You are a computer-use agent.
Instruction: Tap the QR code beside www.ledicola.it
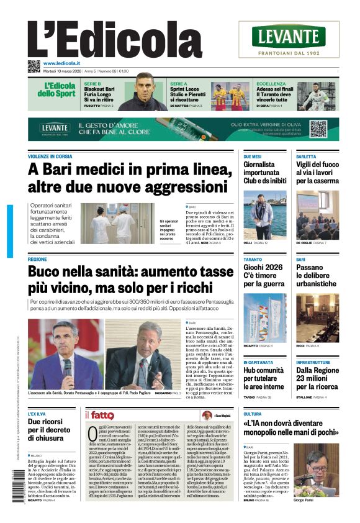34,66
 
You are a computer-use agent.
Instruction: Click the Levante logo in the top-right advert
288,37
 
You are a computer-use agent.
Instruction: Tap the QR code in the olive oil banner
318,129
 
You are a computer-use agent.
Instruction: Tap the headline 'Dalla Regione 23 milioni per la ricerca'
317,378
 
